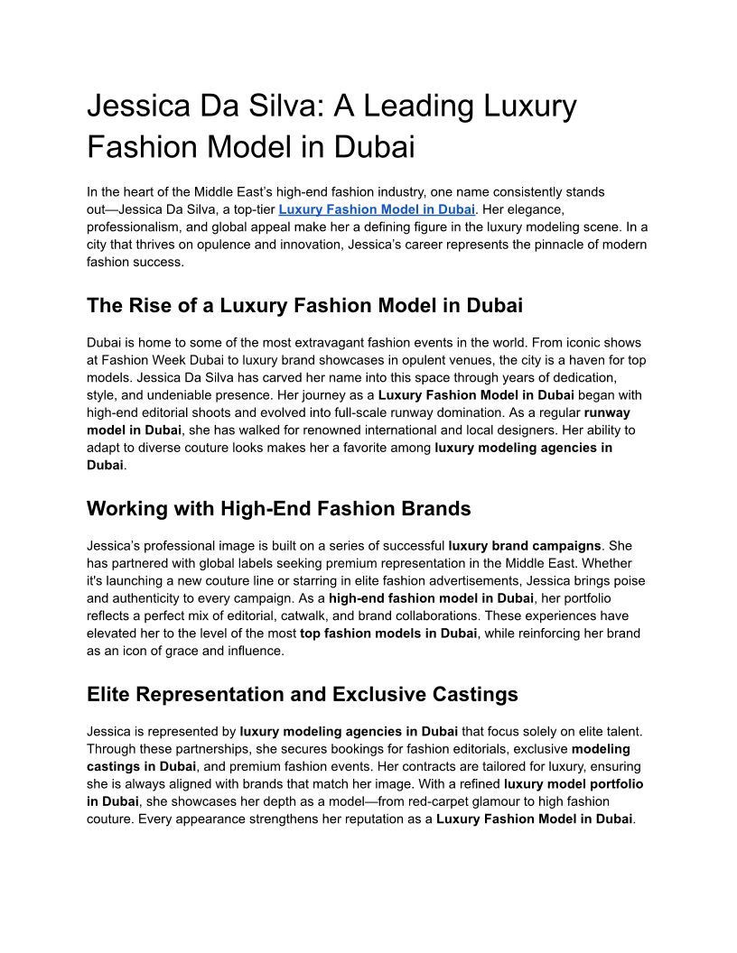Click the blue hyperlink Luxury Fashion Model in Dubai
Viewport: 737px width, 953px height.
tap(377, 209)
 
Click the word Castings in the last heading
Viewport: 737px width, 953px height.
tap(472, 694)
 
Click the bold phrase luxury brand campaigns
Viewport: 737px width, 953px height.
tap(525, 545)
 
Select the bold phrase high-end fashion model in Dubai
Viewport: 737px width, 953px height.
tap(431, 597)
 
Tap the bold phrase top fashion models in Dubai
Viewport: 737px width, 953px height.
tap(388, 633)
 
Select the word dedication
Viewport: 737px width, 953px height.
tap(582, 377)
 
